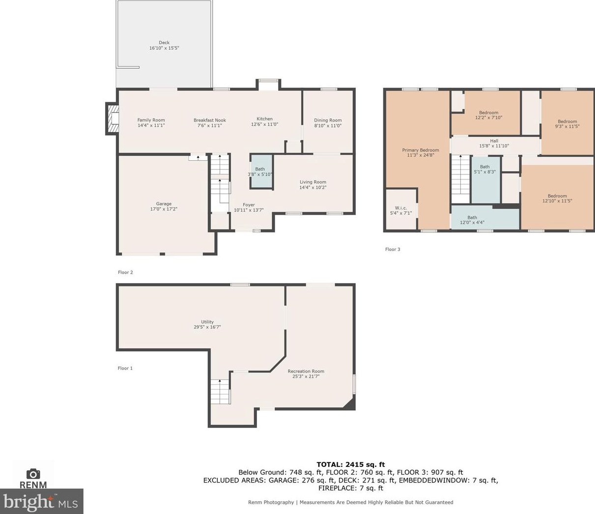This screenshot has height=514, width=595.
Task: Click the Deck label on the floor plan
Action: (164, 43)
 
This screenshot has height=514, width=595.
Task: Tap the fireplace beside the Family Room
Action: (113, 119)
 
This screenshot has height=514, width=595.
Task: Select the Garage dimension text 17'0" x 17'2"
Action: (164, 209)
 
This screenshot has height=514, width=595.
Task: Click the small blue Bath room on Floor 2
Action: (260, 171)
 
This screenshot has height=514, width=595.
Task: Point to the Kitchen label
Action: (264, 119)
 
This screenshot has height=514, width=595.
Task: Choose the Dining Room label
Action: (328, 120)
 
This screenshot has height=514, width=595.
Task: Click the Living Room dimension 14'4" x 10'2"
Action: (313, 187)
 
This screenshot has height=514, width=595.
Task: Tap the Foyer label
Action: (249, 205)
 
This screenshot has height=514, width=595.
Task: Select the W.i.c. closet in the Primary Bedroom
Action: (401, 210)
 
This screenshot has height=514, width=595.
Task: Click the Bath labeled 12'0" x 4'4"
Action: (472, 220)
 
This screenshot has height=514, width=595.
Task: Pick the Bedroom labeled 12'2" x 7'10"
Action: (488, 115)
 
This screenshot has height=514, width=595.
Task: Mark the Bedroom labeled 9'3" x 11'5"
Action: (567, 124)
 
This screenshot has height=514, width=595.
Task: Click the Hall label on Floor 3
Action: (494, 141)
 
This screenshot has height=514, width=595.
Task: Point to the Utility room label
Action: (207, 322)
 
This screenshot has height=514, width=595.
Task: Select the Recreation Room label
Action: (306, 371)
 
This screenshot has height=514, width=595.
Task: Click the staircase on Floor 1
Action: (220, 391)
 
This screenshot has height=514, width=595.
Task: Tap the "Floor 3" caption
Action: (393, 249)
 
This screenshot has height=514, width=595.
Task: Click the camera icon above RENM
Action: (33, 473)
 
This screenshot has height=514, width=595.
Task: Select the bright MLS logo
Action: (41, 502)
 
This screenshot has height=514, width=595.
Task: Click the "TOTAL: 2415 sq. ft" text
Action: (350, 464)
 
